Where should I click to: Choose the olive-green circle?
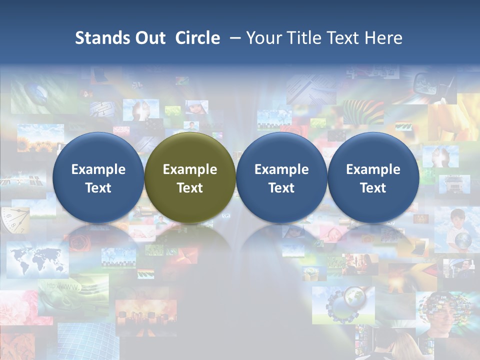click(x=190, y=177)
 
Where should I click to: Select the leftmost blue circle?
click(x=98, y=177)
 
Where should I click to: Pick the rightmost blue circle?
click(x=373, y=177)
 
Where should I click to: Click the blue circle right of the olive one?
click(x=281, y=177)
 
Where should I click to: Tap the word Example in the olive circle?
click(x=190, y=169)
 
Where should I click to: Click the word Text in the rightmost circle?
click(x=373, y=188)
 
